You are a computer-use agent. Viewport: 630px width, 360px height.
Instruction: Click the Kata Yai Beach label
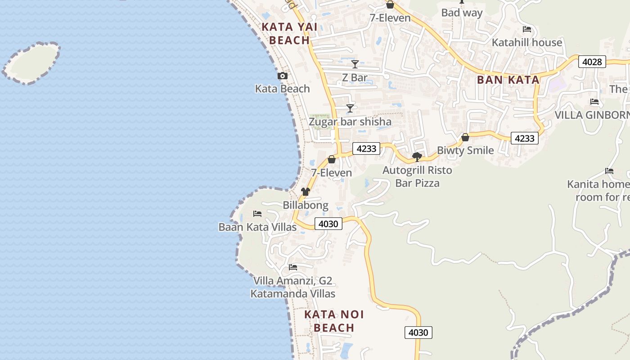pyautogui.click(x=289, y=34)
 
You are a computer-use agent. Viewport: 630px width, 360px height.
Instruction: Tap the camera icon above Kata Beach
pyautogui.click(x=282, y=76)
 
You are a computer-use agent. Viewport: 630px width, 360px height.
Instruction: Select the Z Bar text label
pyautogui.click(x=355, y=77)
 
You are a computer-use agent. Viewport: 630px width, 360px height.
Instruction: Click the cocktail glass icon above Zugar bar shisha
pyautogui.click(x=350, y=108)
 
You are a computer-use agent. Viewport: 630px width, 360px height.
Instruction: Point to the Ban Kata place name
pyautogui.click(x=508, y=80)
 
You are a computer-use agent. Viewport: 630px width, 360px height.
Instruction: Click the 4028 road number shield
pyautogui.click(x=592, y=62)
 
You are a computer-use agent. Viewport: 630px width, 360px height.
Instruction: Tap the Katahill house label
pyautogui.click(x=527, y=42)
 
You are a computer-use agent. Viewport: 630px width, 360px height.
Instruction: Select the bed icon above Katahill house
pyautogui.click(x=527, y=29)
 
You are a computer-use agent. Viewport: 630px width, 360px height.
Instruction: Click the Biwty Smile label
pyautogui.click(x=465, y=150)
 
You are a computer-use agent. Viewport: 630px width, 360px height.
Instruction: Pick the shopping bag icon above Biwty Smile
pyautogui.click(x=465, y=137)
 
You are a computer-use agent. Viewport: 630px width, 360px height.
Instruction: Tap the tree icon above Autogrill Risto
pyautogui.click(x=417, y=157)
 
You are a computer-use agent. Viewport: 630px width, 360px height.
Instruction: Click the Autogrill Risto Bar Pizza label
pyautogui.click(x=417, y=176)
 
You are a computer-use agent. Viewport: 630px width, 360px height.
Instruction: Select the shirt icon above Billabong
pyautogui.click(x=306, y=192)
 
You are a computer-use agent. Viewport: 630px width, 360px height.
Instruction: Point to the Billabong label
pyautogui.click(x=306, y=205)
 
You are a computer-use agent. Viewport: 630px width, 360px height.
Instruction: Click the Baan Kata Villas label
pyautogui.click(x=257, y=227)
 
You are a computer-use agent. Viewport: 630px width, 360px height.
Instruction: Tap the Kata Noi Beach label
pyautogui.click(x=334, y=321)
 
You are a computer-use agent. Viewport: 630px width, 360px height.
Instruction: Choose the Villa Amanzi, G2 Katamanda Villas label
pyautogui.click(x=293, y=287)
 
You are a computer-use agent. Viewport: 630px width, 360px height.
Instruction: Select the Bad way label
pyautogui.click(x=462, y=13)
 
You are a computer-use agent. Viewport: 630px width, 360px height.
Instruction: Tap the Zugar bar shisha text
pyautogui.click(x=350, y=121)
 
